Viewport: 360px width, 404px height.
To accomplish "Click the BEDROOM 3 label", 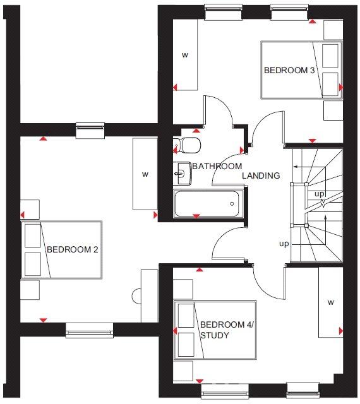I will click(x=289, y=71).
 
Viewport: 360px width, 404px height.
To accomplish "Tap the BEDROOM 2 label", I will click(x=72, y=250).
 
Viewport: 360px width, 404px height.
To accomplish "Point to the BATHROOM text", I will click(x=217, y=167).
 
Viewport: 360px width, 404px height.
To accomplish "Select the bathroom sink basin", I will click(x=183, y=172).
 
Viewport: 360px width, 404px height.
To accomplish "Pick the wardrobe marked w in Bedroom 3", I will click(x=185, y=56).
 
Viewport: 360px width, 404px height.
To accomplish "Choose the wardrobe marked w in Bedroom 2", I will click(x=145, y=174).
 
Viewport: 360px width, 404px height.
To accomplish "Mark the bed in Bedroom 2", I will click(x=62, y=250).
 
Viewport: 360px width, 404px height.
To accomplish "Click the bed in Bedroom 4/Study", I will click(x=215, y=330).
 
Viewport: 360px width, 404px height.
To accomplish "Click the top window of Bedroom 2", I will click(x=90, y=130).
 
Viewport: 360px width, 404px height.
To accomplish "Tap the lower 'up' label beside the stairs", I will click(x=285, y=243).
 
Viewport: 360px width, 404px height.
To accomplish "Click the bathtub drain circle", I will click(x=232, y=203).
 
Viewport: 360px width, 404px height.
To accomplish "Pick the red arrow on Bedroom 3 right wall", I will click(x=340, y=87).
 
